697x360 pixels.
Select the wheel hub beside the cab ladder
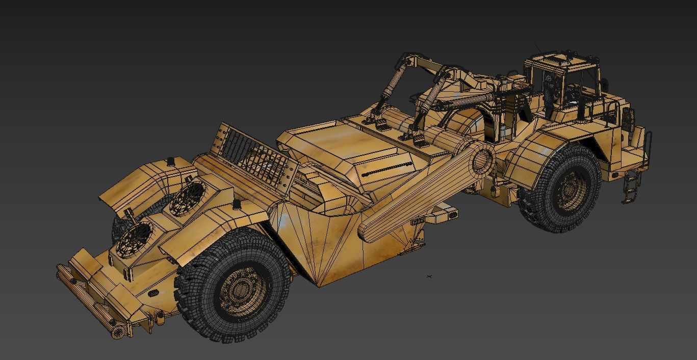tap(571, 189)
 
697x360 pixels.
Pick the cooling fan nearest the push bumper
tap(134, 240)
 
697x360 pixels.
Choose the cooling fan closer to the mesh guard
tap(186, 198)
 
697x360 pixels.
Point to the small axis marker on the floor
tap(429, 276)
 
